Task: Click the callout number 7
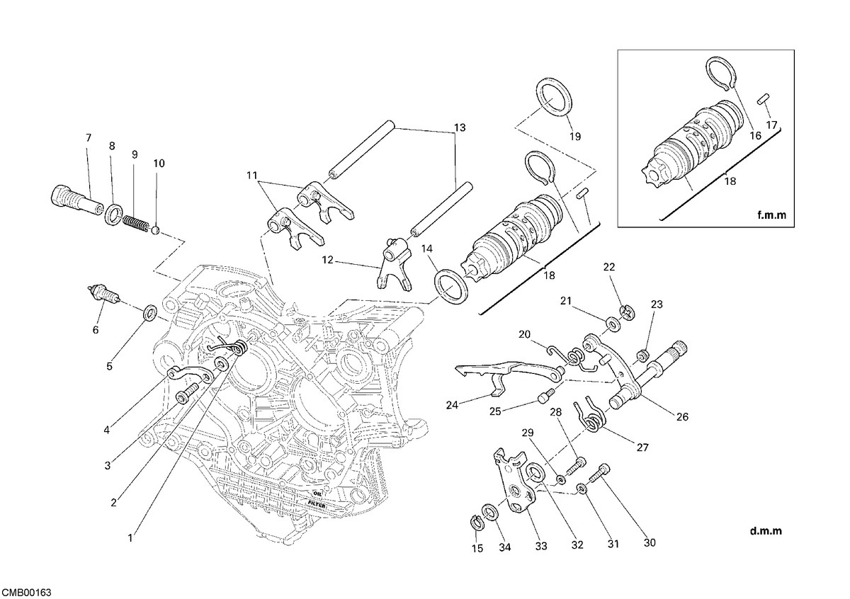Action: [x=89, y=137]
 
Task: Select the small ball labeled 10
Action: [x=155, y=230]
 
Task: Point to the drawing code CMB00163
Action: [x=26, y=593]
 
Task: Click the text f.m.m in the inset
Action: [x=772, y=215]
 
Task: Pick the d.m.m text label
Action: [x=766, y=531]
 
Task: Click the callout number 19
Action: [x=575, y=137]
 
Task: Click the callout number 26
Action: [x=682, y=417]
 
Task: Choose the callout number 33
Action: [x=541, y=547]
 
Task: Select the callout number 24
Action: [x=452, y=405]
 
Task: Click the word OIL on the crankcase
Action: [x=317, y=494]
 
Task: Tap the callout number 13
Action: [x=460, y=128]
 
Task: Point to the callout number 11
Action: [x=252, y=176]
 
